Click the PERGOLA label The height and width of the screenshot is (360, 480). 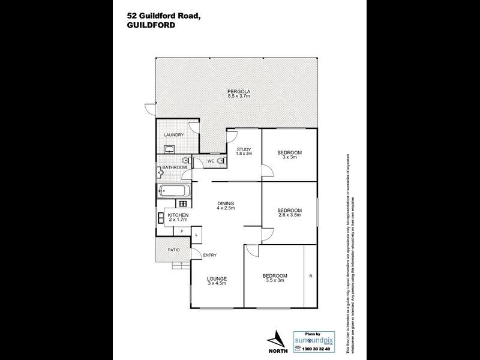point(238,91)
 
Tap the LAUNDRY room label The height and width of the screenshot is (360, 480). point(174,135)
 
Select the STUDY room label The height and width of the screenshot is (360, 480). point(243,149)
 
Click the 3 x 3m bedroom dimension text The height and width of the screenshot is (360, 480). point(289,158)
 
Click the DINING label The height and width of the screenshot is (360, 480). point(226,203)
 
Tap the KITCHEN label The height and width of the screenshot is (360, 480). point(178,215)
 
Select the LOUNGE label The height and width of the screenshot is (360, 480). point(216,278)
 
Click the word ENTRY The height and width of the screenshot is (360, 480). point(210,256)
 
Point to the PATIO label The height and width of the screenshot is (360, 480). point(174,250)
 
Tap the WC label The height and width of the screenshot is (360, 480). point(211,161)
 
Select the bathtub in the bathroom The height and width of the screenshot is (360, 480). point(174,193)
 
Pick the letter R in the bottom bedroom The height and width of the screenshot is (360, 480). point(310,276)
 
